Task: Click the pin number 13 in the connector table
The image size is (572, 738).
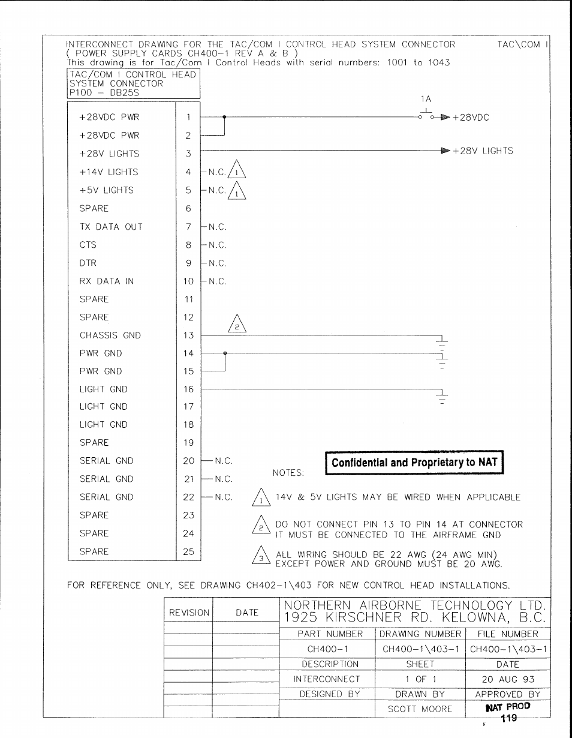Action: (188, 335)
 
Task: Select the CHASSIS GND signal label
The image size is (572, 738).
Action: (110, 335)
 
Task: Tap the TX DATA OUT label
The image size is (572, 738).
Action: (111, 227)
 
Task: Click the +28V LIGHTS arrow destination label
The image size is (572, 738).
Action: (483, 151)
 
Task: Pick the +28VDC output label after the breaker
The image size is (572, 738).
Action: (471, 118)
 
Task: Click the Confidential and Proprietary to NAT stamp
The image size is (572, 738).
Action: (414, 463)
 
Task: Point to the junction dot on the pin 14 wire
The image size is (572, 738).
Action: (225, 353)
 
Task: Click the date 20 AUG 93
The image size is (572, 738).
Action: (508, 680)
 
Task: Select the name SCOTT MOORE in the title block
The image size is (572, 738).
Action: (420, 709)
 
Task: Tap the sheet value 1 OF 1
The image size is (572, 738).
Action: (420, 680)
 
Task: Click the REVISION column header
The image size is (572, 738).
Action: (189, 613)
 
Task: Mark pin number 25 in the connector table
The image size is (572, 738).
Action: (188, 551)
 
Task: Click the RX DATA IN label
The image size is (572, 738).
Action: (106, 281)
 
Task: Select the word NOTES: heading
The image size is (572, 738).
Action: (288, 473)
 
